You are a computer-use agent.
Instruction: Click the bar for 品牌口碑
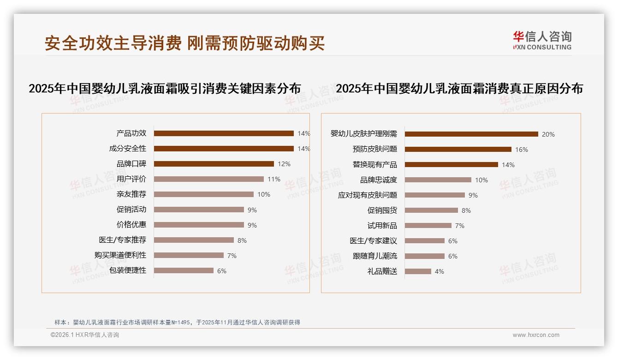click(x=214, y=164)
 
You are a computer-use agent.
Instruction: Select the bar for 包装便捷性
click(x=184, y=270)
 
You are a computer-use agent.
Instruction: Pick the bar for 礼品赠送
click(x=418, y=271)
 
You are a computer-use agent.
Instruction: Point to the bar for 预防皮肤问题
click(x=458, y=150)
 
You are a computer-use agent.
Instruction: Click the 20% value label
click(x=548, y=134)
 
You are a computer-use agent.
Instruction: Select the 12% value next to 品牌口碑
click(x=284, y=164)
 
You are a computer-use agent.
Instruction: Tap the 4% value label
click(x=440, y=271)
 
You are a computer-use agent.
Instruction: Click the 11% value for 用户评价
click(x=274, y=179)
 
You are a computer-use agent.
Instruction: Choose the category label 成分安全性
click(x=128, y=149)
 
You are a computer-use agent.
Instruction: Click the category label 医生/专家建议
click(x=373, y=241)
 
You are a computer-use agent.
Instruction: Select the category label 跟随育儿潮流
click(x=375, y=256)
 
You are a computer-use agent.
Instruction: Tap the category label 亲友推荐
click(x=131, y=194)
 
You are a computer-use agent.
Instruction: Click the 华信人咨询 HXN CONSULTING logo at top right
click(x=542, y=40)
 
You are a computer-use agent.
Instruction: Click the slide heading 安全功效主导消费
click(x=113, y=43)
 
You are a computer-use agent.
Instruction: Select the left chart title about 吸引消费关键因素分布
click(x=165, y=89)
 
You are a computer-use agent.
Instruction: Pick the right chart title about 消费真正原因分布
click(x=459, y=89)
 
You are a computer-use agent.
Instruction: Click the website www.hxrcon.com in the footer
click(x=536, y=335)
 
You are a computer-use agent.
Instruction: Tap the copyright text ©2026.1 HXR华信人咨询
click(x=85, y=335)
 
